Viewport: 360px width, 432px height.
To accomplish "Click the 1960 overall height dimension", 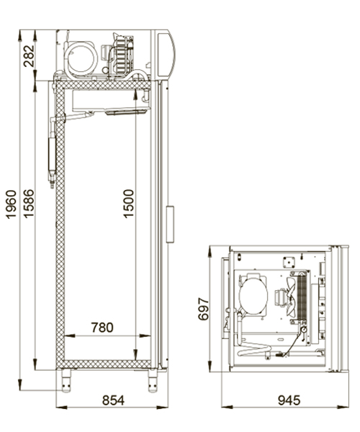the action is pos(12,204).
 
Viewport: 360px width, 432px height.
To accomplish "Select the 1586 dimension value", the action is pos(29,203).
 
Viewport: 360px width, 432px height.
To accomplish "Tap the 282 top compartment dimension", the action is pos(30,56).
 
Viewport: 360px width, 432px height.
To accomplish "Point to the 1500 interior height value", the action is pos(128,204).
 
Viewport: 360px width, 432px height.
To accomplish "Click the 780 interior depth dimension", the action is pos(102,328).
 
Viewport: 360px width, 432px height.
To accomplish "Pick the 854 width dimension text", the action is pos(114,400).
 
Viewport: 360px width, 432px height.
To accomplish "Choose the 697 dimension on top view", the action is pos(204,309).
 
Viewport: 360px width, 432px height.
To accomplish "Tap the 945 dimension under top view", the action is pos(289,400).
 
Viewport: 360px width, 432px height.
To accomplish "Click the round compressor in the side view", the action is pos(81,58).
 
